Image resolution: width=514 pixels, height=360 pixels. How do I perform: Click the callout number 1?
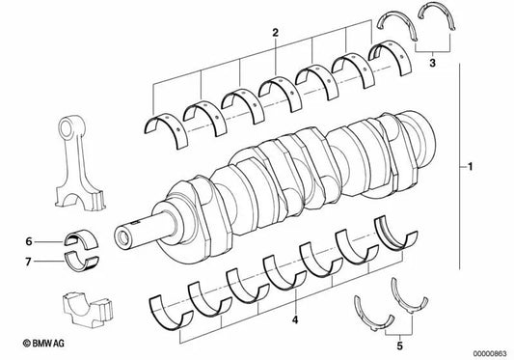pyautogui.click(x=470, y=169)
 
